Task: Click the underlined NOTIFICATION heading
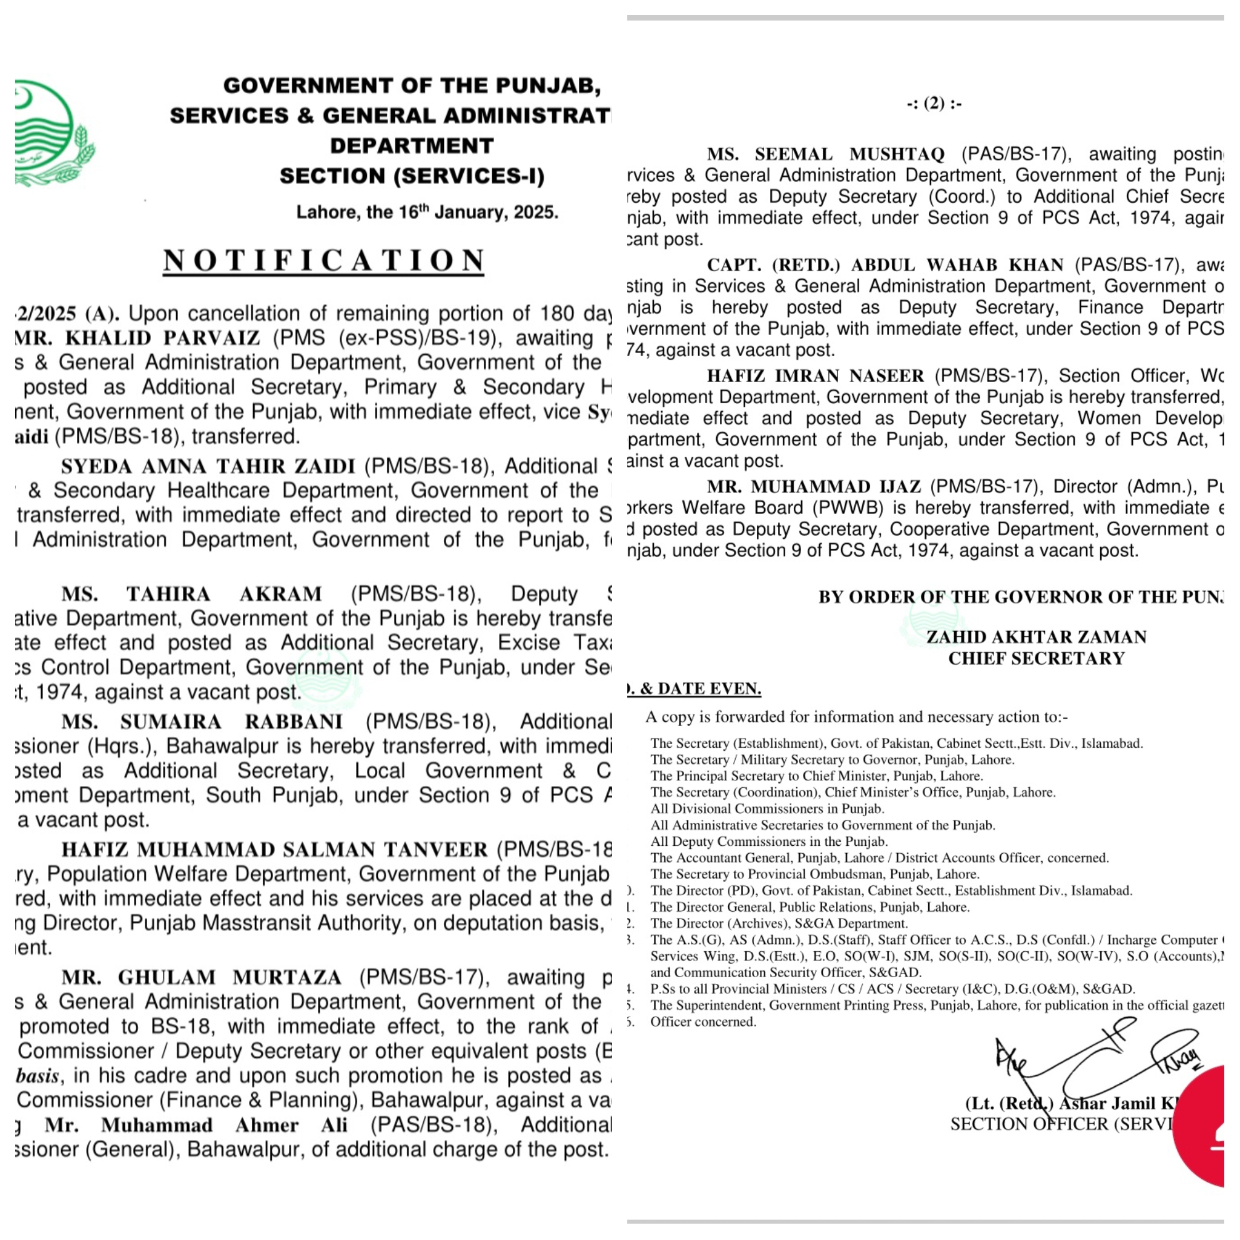tap(323, 260)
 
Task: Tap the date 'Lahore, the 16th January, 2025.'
tap(427, 213)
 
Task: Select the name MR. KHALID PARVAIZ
tap(137, 338)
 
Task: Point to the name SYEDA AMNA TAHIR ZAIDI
tap(208, 466)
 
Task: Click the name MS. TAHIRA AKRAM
tap(192, 594)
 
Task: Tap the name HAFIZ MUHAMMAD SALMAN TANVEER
tap(275, 849)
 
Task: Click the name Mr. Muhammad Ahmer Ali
tap(196, 1125)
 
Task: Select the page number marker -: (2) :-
tap(934, 104)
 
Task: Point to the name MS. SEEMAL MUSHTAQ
tap(825, 154)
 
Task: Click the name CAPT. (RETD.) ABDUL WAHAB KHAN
tap(885, 265)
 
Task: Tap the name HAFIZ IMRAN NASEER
tap(815, 375)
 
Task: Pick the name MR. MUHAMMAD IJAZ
tap(814, 487)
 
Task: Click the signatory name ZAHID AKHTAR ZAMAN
tap(1036, 637)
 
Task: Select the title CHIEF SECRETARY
tap(1036, 659)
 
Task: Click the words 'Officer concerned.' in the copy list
tap(703, 1022)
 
